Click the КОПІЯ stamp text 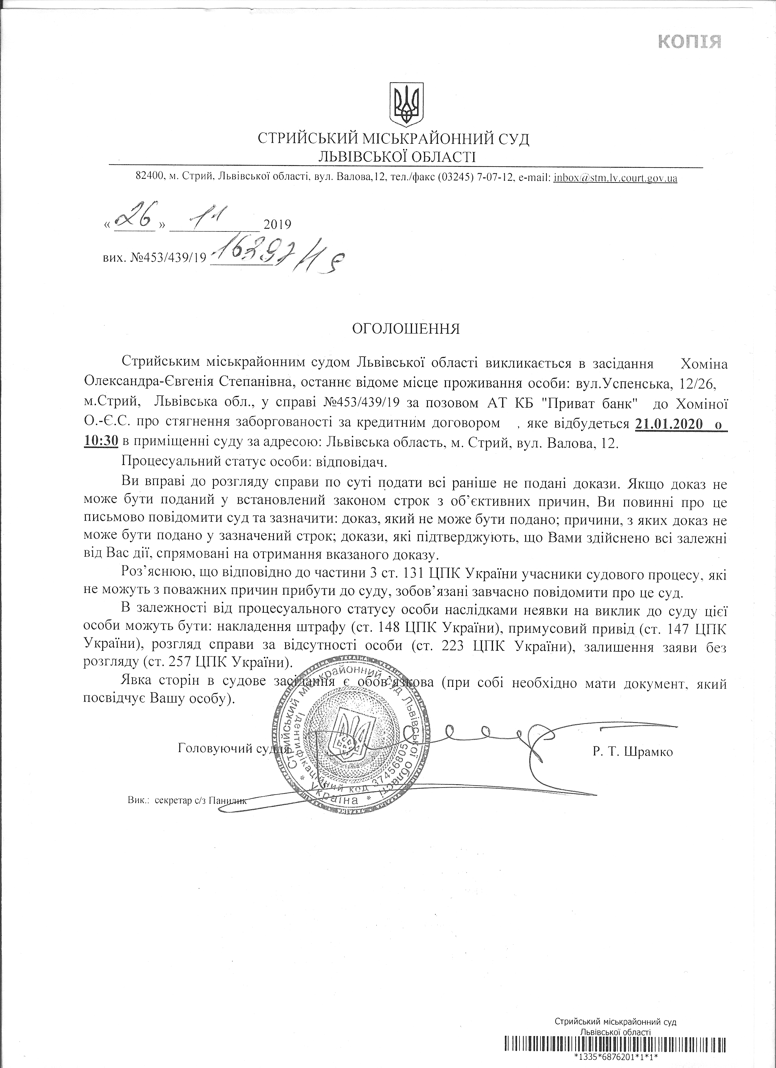[x=689, y=42]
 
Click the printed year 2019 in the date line [x=277, y=224]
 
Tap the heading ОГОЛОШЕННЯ [x=406, y=329]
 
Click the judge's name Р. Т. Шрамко [x=633, y=752]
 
